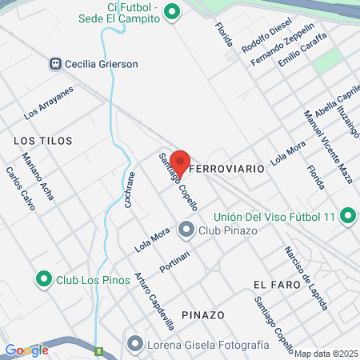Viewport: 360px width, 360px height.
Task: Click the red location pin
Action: [180, 160]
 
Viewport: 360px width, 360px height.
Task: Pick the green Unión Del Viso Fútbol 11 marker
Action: [348, 216]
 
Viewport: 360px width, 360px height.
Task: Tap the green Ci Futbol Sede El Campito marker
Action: [170, 12]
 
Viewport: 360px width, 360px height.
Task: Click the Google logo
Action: [26, 350]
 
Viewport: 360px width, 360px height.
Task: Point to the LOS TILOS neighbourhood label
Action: [43, 140]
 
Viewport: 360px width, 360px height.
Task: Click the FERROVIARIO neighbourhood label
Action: [227, 170]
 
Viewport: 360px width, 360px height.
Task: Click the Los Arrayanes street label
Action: [48, 102]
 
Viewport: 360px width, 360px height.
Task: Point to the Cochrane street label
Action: [130, 190]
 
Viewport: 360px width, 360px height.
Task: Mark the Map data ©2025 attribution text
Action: [326, 354]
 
